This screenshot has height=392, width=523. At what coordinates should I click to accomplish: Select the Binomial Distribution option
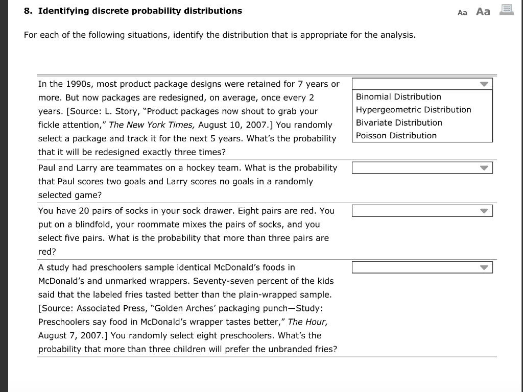[398, 97]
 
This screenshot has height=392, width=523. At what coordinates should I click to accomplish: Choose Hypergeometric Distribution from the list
[413, 110]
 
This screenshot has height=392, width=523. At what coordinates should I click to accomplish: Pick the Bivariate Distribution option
[399, 122]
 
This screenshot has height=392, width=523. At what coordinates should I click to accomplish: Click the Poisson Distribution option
[396, 136]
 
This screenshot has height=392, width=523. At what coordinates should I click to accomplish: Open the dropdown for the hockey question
[422, 168]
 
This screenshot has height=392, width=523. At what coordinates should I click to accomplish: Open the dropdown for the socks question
[422, 211]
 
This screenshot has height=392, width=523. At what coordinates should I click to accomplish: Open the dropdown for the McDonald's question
[422, 267]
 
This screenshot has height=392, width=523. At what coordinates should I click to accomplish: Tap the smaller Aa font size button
[463, 12]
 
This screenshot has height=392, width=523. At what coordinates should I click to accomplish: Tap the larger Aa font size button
[483, 11]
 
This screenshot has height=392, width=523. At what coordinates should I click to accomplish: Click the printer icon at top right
[506, 10]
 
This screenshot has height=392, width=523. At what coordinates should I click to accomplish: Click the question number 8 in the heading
[28, 11]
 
